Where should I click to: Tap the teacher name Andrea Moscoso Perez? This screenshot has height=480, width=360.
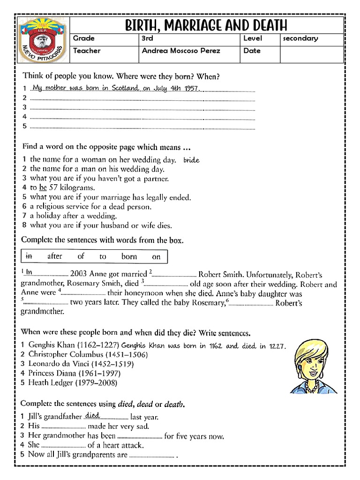tap(180, 51)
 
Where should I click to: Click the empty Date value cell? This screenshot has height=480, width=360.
tap(311, 54)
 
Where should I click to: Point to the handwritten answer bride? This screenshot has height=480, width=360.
tap(191, 160)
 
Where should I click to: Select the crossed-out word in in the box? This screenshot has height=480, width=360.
tap(29, 256)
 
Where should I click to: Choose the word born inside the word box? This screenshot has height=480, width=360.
tap(129, 256)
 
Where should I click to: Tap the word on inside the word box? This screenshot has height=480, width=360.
tap(156, 256)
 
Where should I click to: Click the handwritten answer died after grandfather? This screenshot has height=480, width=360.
tap(92, 415)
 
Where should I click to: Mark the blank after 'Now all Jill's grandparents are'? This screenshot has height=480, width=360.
tap(151, 455)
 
